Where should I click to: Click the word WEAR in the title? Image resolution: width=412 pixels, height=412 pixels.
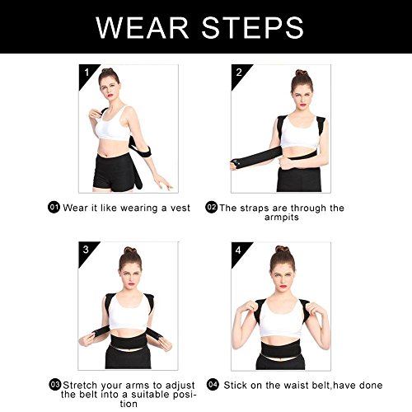(143, 27)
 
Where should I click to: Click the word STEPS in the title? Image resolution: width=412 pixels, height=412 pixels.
(253, 27)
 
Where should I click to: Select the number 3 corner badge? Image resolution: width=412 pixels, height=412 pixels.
(86, 251)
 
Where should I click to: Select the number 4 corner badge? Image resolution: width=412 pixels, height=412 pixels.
(238, 251)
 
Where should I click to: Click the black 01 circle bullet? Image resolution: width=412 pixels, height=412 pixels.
(54, 208)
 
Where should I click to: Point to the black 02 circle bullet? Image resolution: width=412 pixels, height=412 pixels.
(211, 207)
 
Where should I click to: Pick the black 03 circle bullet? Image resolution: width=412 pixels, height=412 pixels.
(55, 385)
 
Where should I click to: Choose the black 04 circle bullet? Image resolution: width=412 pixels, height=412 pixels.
(213, 385)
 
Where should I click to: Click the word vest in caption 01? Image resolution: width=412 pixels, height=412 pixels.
(180, 208)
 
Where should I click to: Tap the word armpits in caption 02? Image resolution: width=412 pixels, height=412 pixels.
(282, 218)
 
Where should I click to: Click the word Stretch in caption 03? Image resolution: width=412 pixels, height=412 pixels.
(80, 385)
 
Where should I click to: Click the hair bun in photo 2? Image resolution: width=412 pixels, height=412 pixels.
(302, 73)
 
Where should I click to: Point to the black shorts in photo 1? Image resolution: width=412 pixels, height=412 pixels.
(114, 172)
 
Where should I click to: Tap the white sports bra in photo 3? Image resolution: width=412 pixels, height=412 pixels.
(128, 311)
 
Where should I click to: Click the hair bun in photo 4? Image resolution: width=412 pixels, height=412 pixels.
(283, 249)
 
